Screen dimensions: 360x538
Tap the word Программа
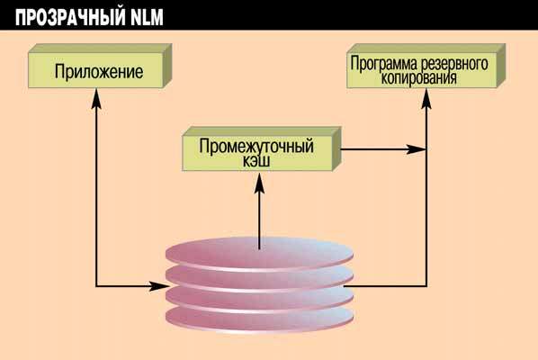click(x=385, y=65)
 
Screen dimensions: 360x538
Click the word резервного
click(x=454, y=65)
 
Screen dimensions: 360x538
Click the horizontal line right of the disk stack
click(x=387, y=286)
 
